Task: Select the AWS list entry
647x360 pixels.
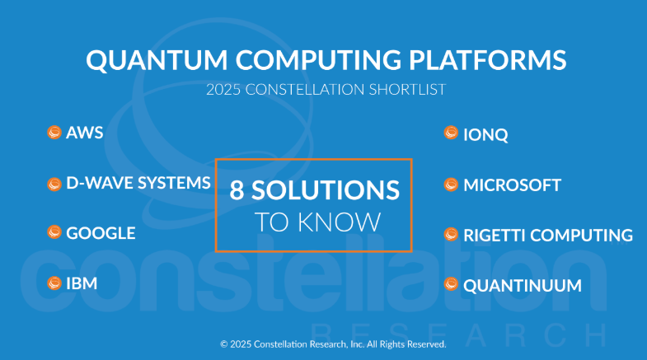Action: click(85, 133)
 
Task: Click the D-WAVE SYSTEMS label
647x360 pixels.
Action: click(138, 184)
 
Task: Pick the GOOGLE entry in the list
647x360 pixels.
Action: click(101, 233)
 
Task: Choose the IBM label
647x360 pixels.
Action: click(82, 283)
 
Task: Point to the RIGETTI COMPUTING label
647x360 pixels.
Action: click(548, 236)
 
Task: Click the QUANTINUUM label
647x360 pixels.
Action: click(523, 286)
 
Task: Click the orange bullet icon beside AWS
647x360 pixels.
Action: click(54, 132)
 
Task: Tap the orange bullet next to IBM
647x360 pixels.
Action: click(54, 283)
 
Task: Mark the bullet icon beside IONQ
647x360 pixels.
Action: click(451, 133)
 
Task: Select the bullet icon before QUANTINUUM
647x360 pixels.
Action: click(451, 284)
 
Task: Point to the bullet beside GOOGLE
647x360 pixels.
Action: click(54, 232)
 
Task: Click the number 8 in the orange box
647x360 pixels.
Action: click(237, 190)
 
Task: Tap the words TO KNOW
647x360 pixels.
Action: click(317, 222)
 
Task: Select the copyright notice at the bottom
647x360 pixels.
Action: click(333, 344)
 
